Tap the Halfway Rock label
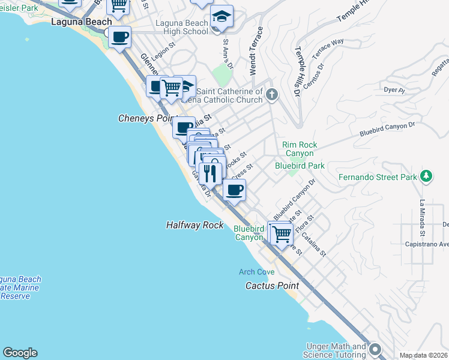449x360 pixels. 194,225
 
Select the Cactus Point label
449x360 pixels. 272,286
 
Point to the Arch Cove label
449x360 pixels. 257,272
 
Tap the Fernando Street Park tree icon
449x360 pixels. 426,176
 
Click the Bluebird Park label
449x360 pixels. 300,165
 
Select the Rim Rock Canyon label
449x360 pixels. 300,149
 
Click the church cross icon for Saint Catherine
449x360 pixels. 272,94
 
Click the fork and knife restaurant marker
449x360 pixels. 209,173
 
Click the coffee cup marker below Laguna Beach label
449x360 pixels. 119,37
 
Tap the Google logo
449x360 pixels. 20,353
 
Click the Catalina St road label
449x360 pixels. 314,245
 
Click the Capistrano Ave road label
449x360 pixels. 427,244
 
